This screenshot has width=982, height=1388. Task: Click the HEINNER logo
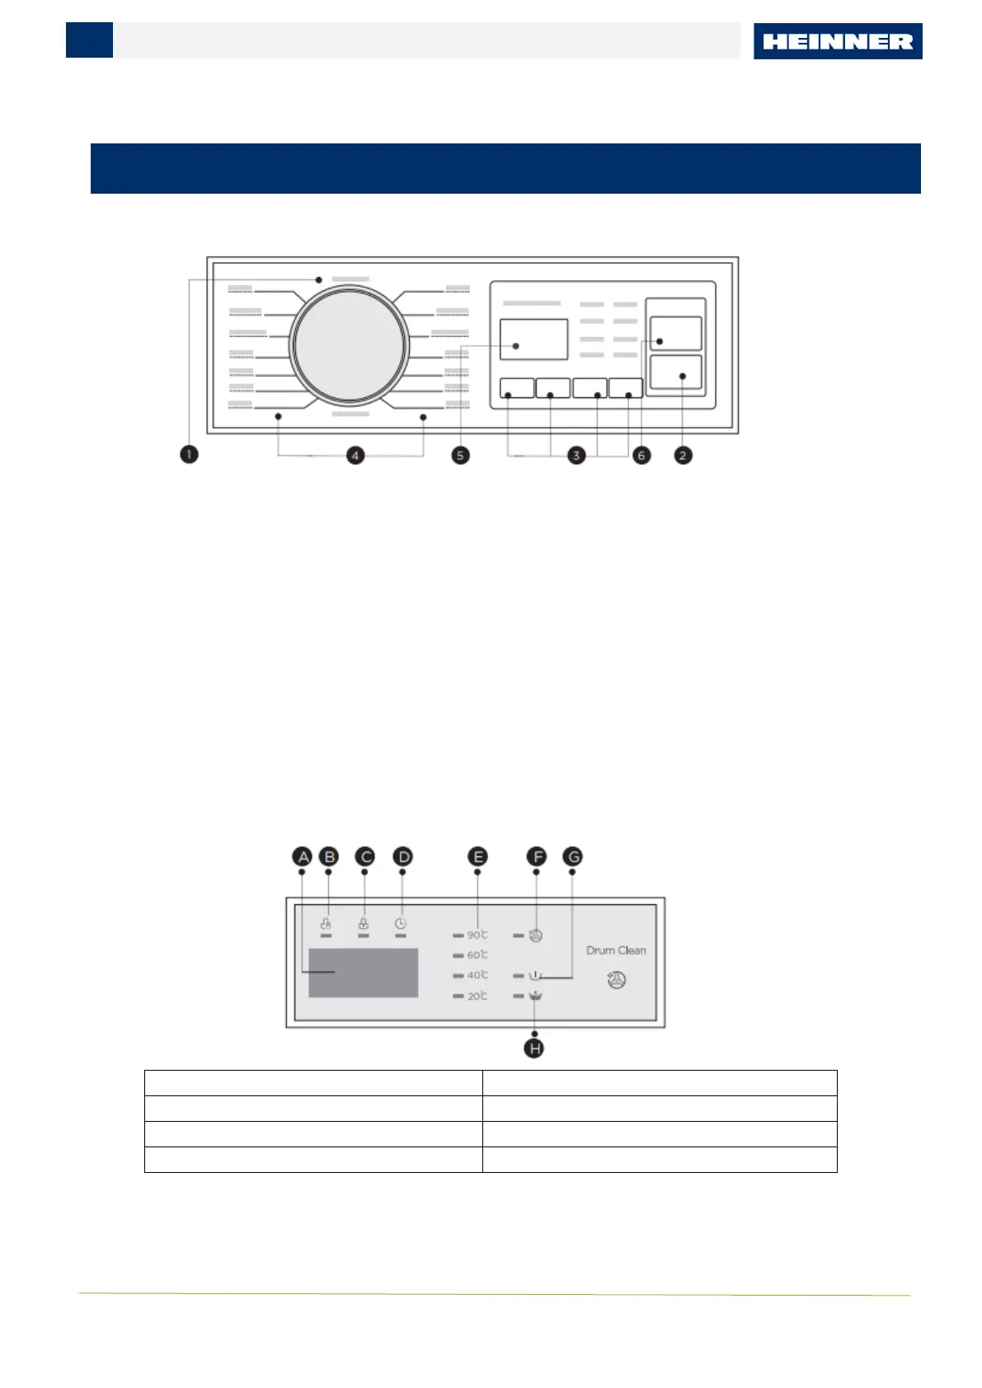click(837, 41)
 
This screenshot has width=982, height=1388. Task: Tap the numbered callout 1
click(189, 454)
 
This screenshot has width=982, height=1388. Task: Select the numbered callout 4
click(355, 455)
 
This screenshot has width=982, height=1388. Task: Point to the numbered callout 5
click(461, 455)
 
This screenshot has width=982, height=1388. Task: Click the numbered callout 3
click(576, 455)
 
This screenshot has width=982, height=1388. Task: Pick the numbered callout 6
click(641, 455)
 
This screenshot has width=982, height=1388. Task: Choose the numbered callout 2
click(683, 455)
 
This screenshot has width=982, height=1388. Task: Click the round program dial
click(350, 345)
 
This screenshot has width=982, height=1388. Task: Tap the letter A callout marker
click(303, 857)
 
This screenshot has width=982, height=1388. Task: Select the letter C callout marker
click(364, 857)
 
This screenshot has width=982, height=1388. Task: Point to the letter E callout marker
click(477, 857)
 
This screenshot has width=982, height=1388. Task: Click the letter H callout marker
click(535, 1048)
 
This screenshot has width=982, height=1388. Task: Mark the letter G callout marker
click(572, 857)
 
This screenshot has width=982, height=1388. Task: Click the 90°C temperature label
click(477, 935)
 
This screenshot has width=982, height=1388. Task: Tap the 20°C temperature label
click(477, 996)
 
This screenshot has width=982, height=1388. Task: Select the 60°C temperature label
click(477, 954)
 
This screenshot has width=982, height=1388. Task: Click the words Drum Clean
click(616, 950)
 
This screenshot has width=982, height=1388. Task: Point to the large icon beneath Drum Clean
click(617, 980)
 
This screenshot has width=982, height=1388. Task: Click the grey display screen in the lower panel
click(363, 973)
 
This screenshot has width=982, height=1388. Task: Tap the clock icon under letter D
click(401, 924)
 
